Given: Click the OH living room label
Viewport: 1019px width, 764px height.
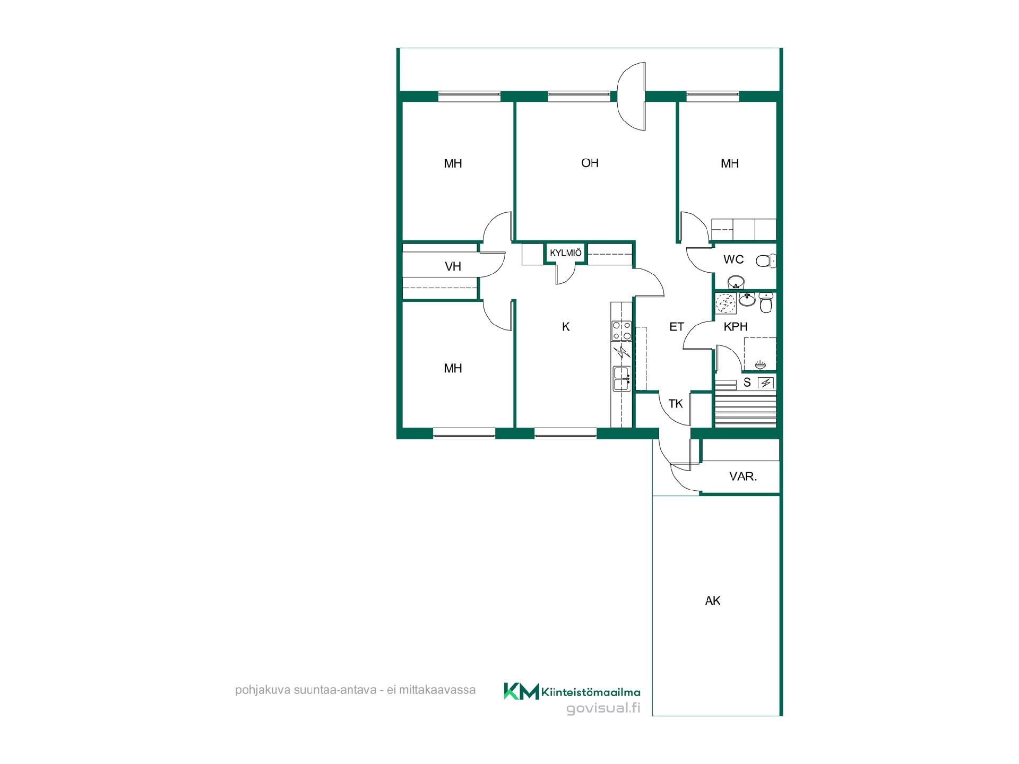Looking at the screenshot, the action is [590, 163].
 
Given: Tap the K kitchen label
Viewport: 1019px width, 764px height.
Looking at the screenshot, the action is [566, 327].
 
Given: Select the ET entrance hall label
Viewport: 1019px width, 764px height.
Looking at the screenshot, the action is [677, 327].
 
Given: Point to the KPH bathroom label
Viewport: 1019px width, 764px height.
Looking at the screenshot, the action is [736, 327].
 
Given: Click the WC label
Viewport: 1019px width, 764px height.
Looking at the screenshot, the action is [733, 259].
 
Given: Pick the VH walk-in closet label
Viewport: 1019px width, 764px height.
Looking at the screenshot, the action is [453, 266].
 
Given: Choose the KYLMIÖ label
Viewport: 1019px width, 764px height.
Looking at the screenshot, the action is [566, 253].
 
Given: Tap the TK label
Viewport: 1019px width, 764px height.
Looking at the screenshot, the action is [676, 404].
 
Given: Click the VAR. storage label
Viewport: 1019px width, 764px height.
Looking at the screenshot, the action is [743, 476].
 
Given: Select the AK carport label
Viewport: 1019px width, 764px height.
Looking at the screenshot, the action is [713, 601].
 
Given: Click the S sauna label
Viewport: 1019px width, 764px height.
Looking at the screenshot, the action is [747, 383].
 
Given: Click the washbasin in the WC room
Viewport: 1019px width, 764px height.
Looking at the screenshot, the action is [735, 281].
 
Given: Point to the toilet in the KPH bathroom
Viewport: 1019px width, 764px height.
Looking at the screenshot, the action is [766, 303].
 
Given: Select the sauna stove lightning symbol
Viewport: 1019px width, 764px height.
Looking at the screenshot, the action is [765, 383].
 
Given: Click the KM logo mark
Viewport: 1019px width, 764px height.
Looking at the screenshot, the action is [521, 691].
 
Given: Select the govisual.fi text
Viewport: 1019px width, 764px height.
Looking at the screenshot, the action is [603, 708].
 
